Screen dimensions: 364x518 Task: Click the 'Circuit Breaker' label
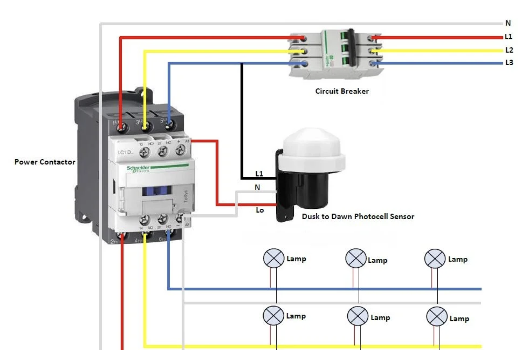(x=342, y=91)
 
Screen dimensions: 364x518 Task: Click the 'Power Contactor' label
(x=45, y=162)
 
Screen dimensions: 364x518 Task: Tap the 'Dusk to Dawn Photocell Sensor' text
(x=358, y=216)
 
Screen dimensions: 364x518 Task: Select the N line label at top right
(x=508, y=23)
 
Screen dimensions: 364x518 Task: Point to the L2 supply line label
(x=509, y=50)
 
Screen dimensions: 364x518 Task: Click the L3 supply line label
(x=509, y=63)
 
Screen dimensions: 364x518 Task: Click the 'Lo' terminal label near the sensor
(x=260, y=210)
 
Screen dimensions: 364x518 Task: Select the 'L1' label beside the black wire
(x=259, y=174)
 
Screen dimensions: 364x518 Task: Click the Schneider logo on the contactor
(x=138, y=168)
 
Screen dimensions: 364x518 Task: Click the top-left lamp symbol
(x=274, y=258)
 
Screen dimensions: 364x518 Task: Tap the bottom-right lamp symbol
(x=437, y=316)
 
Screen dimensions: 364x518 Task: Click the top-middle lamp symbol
(x=356, y=258)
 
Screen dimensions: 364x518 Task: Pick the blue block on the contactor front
(x=157, y=191)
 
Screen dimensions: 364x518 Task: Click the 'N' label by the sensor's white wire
(x=257, y=187)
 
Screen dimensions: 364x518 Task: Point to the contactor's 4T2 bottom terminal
(x=146, y=235)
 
